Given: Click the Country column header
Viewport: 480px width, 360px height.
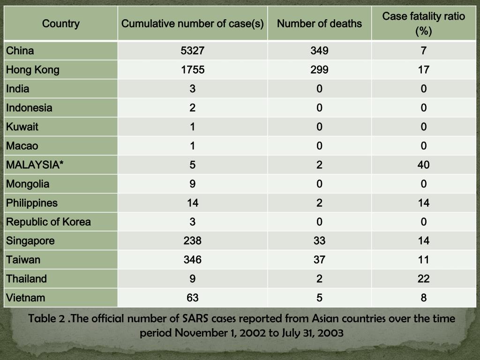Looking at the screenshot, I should (x=61, y=23).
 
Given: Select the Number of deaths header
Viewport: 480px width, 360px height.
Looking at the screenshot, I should (x=319, y=23).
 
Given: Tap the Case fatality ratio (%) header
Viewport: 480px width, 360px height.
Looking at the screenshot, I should (x=423, y=23).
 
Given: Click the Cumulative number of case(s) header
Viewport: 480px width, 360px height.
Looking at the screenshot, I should (x=193, y=23).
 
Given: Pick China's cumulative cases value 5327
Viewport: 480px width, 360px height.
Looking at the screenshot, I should (x=193, y=51).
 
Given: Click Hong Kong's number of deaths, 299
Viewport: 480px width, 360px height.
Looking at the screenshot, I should (x=319, y=70).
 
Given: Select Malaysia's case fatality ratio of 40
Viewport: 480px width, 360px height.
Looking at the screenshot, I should (x=423, y=165).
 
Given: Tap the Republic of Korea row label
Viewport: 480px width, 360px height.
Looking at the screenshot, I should (x=48, y=222).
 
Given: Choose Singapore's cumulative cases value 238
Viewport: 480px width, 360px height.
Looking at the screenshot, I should (x=193, y=241).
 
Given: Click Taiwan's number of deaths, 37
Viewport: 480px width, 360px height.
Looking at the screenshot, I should (x=319, y=260).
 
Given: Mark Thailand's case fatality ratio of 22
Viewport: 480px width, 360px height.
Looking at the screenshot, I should (x=423, y=279).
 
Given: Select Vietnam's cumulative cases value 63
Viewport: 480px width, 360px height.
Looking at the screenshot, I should (x=193, y=298).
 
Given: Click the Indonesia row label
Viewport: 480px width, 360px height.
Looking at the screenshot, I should (x=29, y=108).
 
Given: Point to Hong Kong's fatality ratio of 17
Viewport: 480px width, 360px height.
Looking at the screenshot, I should (x=423, y=70).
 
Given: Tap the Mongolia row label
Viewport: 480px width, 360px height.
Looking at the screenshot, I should (x=28, y=184).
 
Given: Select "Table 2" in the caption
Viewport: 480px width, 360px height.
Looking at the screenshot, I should (x=46, y=319).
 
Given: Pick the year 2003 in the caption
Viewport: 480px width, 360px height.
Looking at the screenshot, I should (x=331, y=334).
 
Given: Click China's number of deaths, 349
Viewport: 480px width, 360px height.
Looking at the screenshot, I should (x=319, y=51).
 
